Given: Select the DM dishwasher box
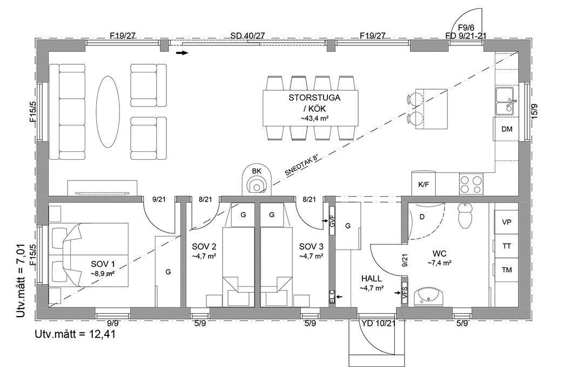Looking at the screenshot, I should [506, 129].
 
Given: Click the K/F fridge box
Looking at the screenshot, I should [424, 184].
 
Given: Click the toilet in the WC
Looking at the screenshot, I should [465, 216].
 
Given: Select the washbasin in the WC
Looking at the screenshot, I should [429, 297].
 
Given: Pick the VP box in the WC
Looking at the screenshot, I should [507, 222].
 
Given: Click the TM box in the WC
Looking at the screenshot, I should [507, 270].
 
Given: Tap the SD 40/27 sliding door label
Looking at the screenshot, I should [247, 36].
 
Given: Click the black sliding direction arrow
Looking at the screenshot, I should [183, 53].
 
